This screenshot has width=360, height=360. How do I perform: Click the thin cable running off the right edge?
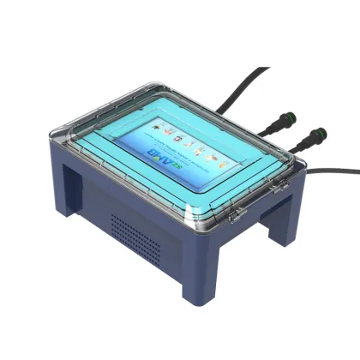339,171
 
